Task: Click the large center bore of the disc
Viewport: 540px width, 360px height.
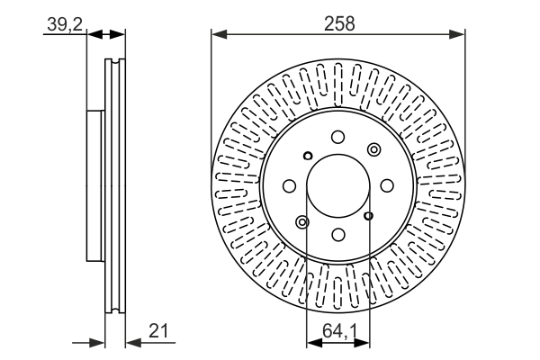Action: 337,185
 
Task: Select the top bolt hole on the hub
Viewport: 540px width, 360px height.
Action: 337,137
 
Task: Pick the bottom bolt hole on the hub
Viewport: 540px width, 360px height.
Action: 337,234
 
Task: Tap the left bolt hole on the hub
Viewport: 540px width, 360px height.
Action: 289,185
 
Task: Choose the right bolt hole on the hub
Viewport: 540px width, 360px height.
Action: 386,185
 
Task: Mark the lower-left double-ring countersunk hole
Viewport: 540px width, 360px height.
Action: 302,221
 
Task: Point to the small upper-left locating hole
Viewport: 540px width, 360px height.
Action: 307,155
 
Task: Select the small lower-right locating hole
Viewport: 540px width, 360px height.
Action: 368,215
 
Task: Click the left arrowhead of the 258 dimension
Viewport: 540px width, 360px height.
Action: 216,34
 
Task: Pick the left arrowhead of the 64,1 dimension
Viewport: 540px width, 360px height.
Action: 311,342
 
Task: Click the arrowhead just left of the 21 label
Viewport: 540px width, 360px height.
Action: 130,342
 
